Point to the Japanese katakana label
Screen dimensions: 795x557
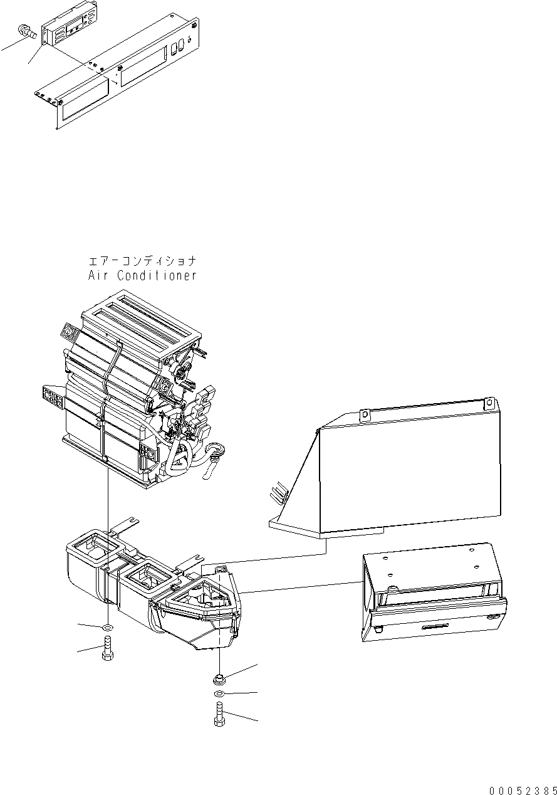click(142, 260)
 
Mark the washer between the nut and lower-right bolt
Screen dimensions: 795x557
click(219, 694)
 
